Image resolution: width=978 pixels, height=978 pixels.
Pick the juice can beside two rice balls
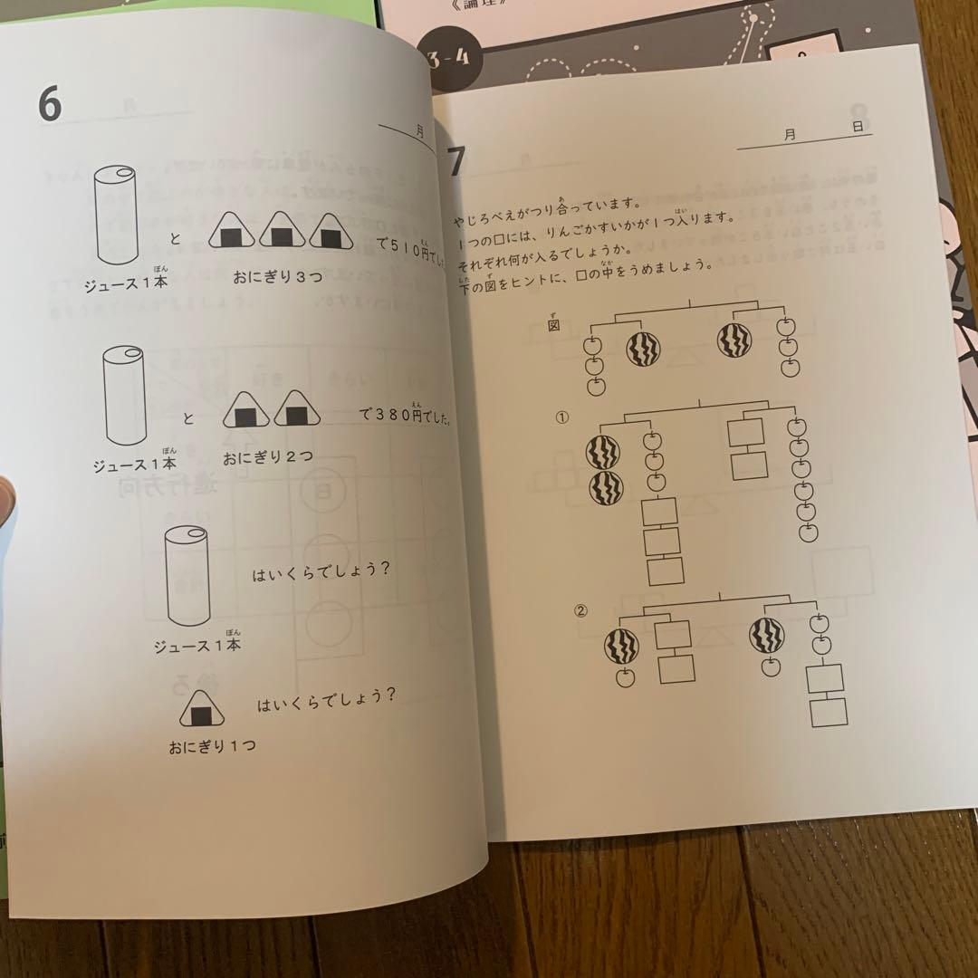pos(125,396)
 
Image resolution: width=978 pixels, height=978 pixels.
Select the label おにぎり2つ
pos(268,456)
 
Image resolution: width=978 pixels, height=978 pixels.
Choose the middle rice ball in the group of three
pos(282,234)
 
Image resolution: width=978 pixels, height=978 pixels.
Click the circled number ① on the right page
pos(561,417)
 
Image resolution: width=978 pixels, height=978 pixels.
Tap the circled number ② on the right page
pos(581,609)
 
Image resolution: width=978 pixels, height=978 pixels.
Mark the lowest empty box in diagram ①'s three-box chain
pos(665,571)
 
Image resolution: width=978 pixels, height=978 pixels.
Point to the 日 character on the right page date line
pos(857,129)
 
